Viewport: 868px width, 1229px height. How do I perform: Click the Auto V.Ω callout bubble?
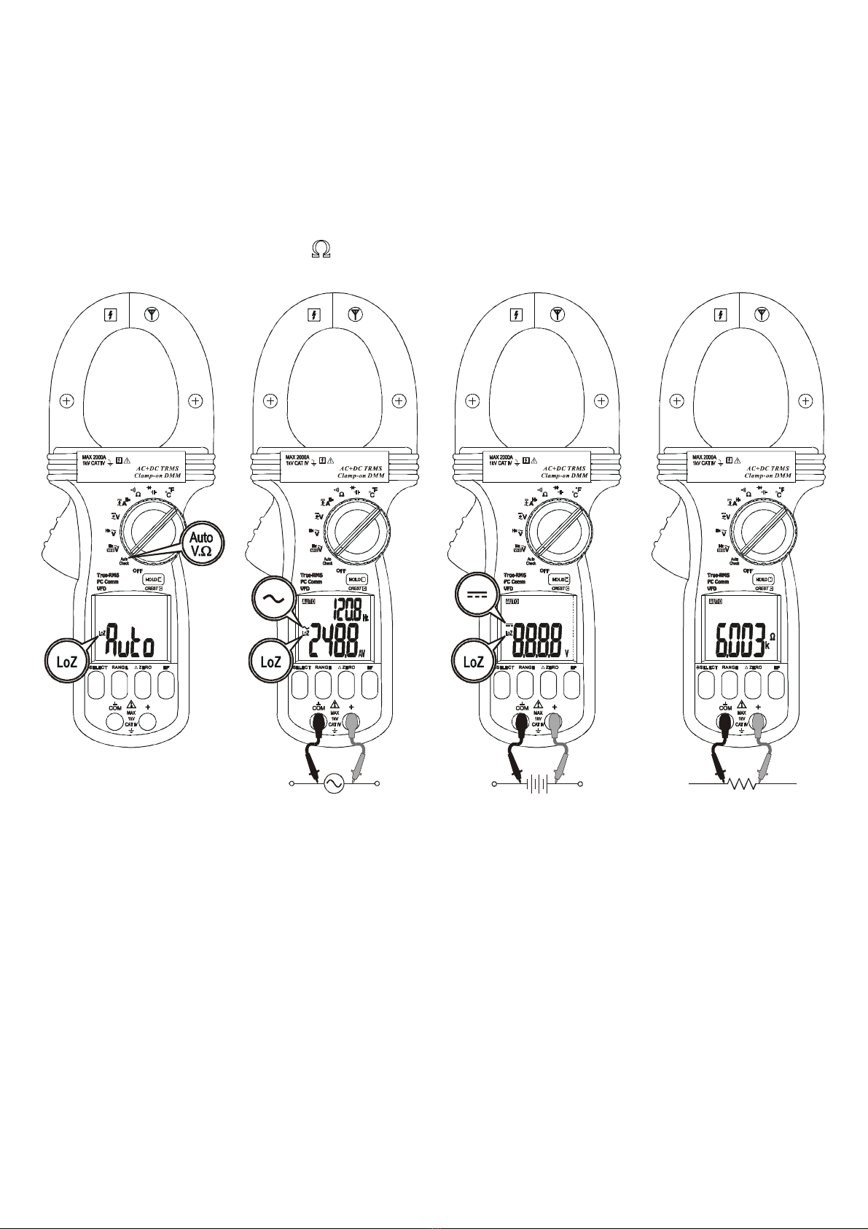[x=201, y=545]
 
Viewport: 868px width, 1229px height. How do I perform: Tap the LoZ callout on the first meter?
[x=67, y=662]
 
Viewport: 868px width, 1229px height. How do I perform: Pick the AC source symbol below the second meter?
[x=334, y=783]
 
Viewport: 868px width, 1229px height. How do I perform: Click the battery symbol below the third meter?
[x=537, y=784]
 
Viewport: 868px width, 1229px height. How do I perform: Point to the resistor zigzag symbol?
[x=741, y=784]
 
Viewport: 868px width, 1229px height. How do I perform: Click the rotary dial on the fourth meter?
[x=762, y=535]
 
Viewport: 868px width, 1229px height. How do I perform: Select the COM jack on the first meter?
[x=115, y=722]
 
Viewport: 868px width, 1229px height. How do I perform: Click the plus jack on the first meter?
[x=148, y=722]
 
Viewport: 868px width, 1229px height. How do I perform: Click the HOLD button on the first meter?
[x=154, y=579]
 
